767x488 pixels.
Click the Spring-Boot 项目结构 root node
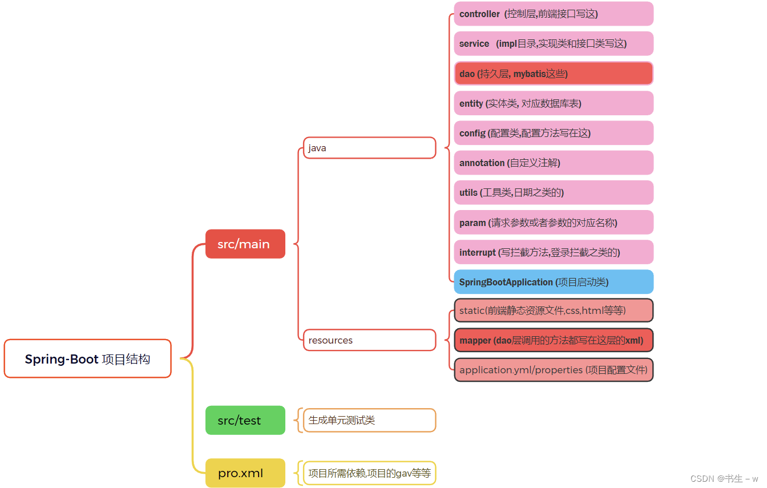click(87, 358)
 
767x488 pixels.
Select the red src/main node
click(245, 244)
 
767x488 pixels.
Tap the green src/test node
click(245, 420)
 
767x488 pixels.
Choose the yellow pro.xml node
click(245, 473)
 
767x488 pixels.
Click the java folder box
click(369, 148)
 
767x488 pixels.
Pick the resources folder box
click(369, 340)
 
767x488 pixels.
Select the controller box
click(554, 14)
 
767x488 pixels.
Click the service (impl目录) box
click(554, 43)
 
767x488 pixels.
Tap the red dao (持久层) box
click(554, 74)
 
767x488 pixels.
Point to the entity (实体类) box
click(554, 103)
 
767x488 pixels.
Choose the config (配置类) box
click(554, 133)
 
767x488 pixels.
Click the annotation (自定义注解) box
click(554, 163)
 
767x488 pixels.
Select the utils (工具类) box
click(554, 192)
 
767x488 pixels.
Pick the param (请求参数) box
click(554, 223)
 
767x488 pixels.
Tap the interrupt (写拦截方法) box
click(554, 252)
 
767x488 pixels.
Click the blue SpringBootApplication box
click(554, 282)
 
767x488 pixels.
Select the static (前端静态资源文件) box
click(554, 310)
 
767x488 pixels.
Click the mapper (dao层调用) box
click(554, 340)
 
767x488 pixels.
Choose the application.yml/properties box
click(554, 370)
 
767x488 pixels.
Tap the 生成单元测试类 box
click(369, 420)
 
